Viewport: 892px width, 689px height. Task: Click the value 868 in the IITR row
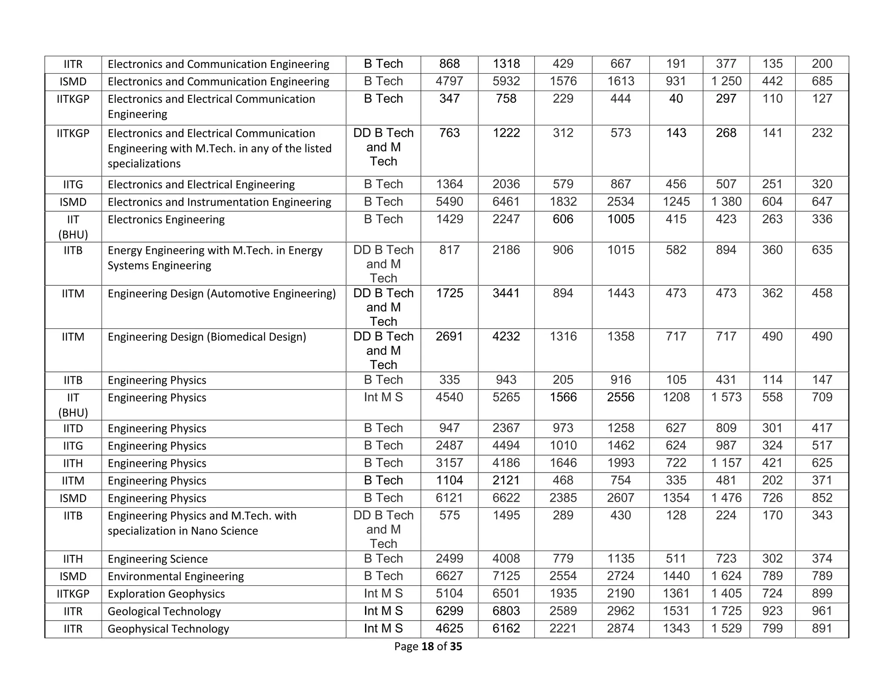pos(449,64)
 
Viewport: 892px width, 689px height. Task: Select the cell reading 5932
pos(506,81)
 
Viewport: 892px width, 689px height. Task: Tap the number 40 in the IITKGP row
pos(676,99)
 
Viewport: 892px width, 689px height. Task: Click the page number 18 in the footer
pos(428,646)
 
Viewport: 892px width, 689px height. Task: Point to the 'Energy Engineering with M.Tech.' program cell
pos(215,258)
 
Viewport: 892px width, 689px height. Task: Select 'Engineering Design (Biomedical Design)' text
pos(207,337)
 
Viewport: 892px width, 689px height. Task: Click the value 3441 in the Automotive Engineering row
pos(506,293)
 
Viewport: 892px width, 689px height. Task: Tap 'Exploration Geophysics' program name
pos(166,594)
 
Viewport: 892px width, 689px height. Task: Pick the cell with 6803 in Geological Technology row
pos(506,611)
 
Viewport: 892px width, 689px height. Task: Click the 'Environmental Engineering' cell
pos(176,577)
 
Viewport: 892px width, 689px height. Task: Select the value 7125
pos(506,576)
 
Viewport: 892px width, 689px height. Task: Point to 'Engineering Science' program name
pos(157,559)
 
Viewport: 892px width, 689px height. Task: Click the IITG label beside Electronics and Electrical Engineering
pos(73,185)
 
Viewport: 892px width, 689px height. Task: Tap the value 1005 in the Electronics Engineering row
pos(621,219)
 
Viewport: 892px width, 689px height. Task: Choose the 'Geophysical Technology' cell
pos(168,629)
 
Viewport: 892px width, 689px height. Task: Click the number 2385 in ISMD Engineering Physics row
pos(563,498)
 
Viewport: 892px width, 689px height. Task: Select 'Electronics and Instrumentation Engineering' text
pos(219,202)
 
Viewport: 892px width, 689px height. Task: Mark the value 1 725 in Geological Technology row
pos(726,611)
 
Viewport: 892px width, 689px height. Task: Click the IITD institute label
pos(73,429)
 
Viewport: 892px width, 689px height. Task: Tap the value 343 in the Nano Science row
pos(822,515)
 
